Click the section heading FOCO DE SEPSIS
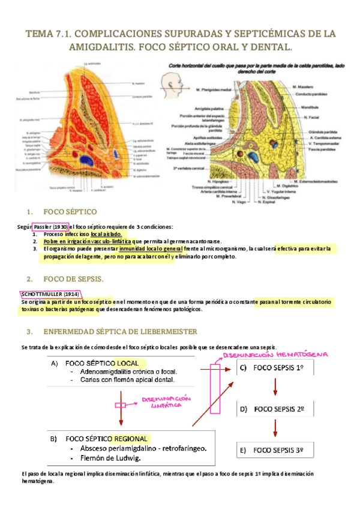pyautogui.click(x=74, y=279)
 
